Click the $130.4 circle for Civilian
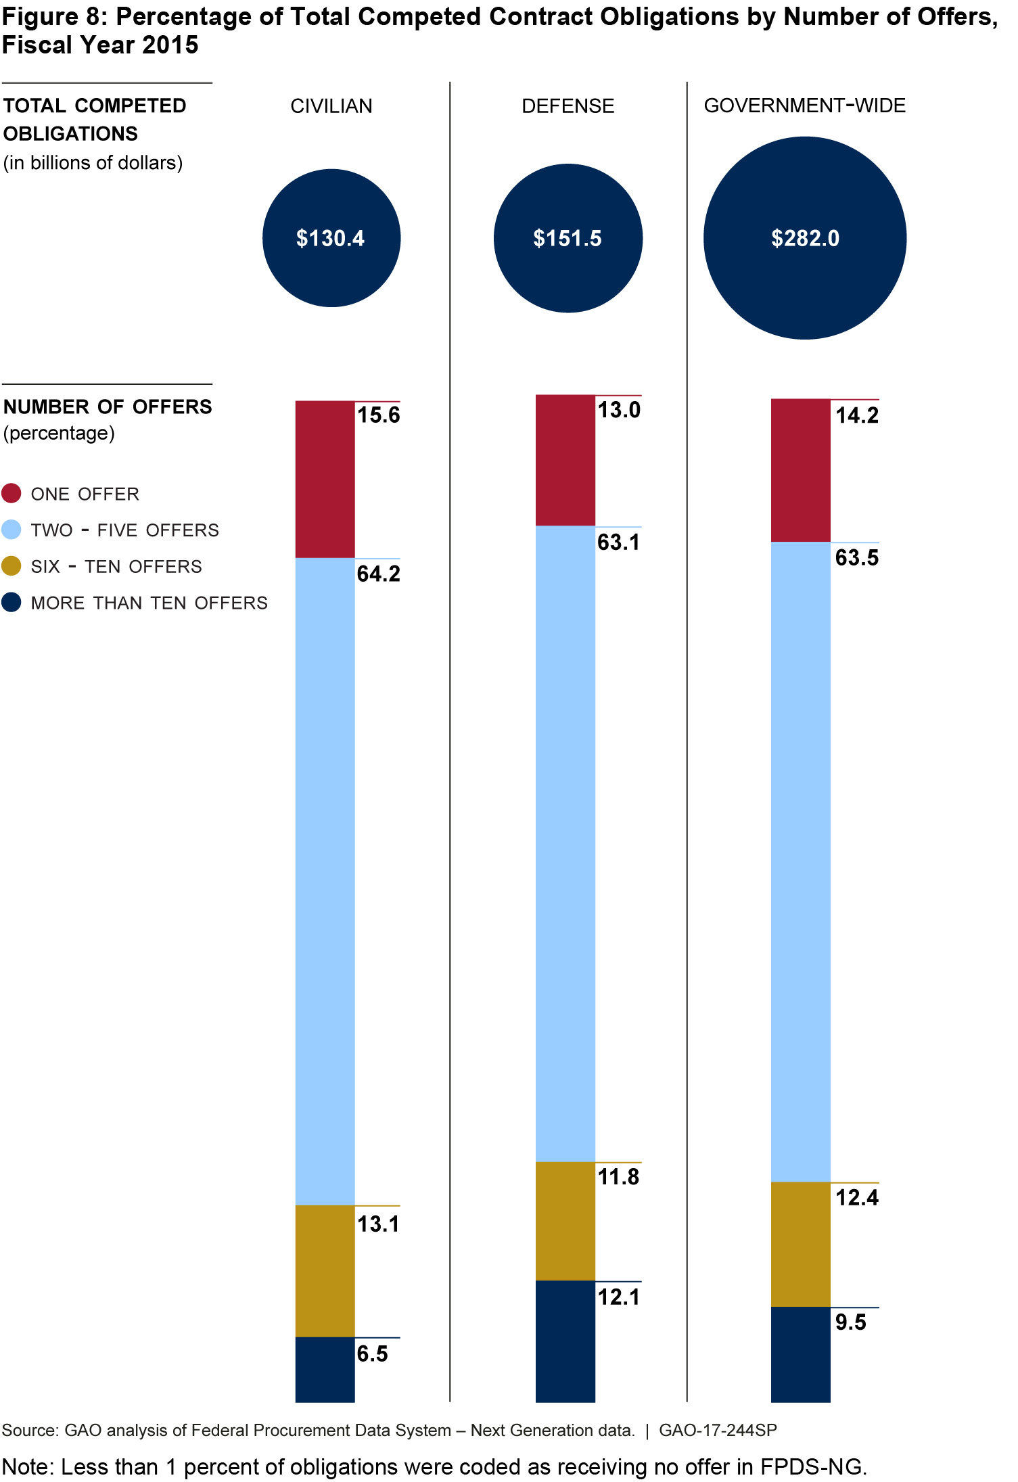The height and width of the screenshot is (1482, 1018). pyautogui.click(x=331, y=238)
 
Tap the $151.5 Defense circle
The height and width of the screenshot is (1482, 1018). pyautogui.click(x=568, y=238)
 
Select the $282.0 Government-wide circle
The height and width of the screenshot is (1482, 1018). pyautogui.click(x=805, y=238)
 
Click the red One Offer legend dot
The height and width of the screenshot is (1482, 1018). pyautogui.click(x=11, y=494)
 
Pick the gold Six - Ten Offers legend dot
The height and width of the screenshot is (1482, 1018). pyautogui.click(x=11, y=566)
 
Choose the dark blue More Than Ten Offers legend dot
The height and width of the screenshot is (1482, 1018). pyautogui.click(x=11, y=603)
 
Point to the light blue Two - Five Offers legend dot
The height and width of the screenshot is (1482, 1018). pyautogui.click(x=11, y=530)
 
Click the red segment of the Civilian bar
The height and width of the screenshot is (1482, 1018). pyautogui.click(x=325, y=479)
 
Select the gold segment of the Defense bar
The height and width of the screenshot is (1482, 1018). pyautogui.click(x=565, y=1221)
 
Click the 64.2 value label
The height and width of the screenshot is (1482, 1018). pyautogui.click(x=378, y=574)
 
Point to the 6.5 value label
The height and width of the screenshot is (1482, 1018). pyautogui.click(x=372, y=1354)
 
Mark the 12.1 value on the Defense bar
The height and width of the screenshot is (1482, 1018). pyautogui.click(x=618, y=1297)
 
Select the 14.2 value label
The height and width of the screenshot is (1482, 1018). pyautogui.click(x=856, y=415)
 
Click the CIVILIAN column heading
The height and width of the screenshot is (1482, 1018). pyautogui.click(x=331, y=106)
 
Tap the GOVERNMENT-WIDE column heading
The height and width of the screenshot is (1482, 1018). pyautogui.click(x=804, y=106)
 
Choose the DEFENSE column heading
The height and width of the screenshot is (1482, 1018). pyautogui.click(x=568, y=106)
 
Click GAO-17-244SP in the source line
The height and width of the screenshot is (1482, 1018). pyautogui.click(x=718, y=1431)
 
